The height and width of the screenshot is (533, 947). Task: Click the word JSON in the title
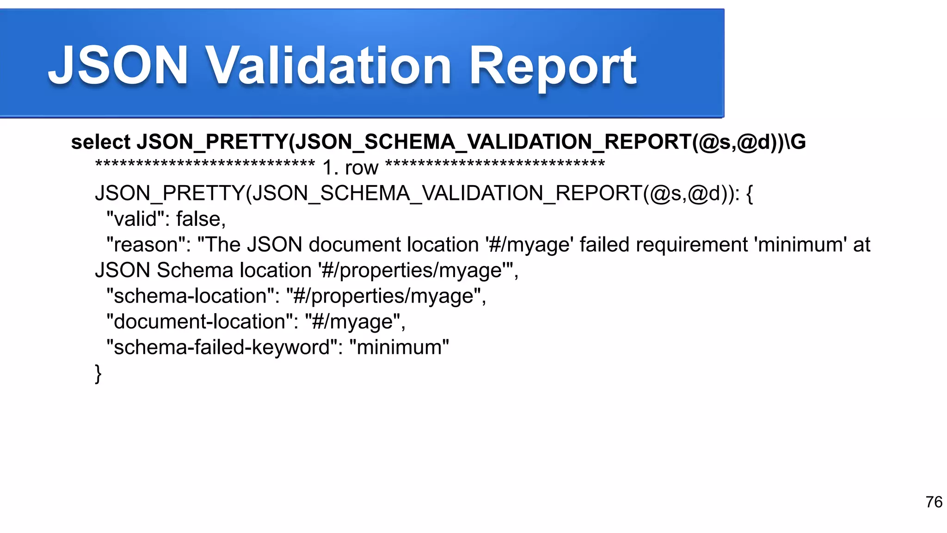coord(118,66)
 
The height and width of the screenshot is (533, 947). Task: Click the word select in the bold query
coord(101,142)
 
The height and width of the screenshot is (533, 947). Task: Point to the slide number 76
coord(934,502)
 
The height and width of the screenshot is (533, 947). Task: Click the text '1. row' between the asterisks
coord(350,167)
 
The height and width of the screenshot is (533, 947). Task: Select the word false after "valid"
coord(201,219)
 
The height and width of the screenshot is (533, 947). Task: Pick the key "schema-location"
coord(190,296)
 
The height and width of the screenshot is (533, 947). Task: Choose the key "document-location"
coord(199,322)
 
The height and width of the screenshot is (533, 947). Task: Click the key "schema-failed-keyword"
coord(221,347)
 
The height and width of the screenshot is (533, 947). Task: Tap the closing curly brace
coord(98,373)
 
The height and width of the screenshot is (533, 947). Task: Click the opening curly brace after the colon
coord(750,193)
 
